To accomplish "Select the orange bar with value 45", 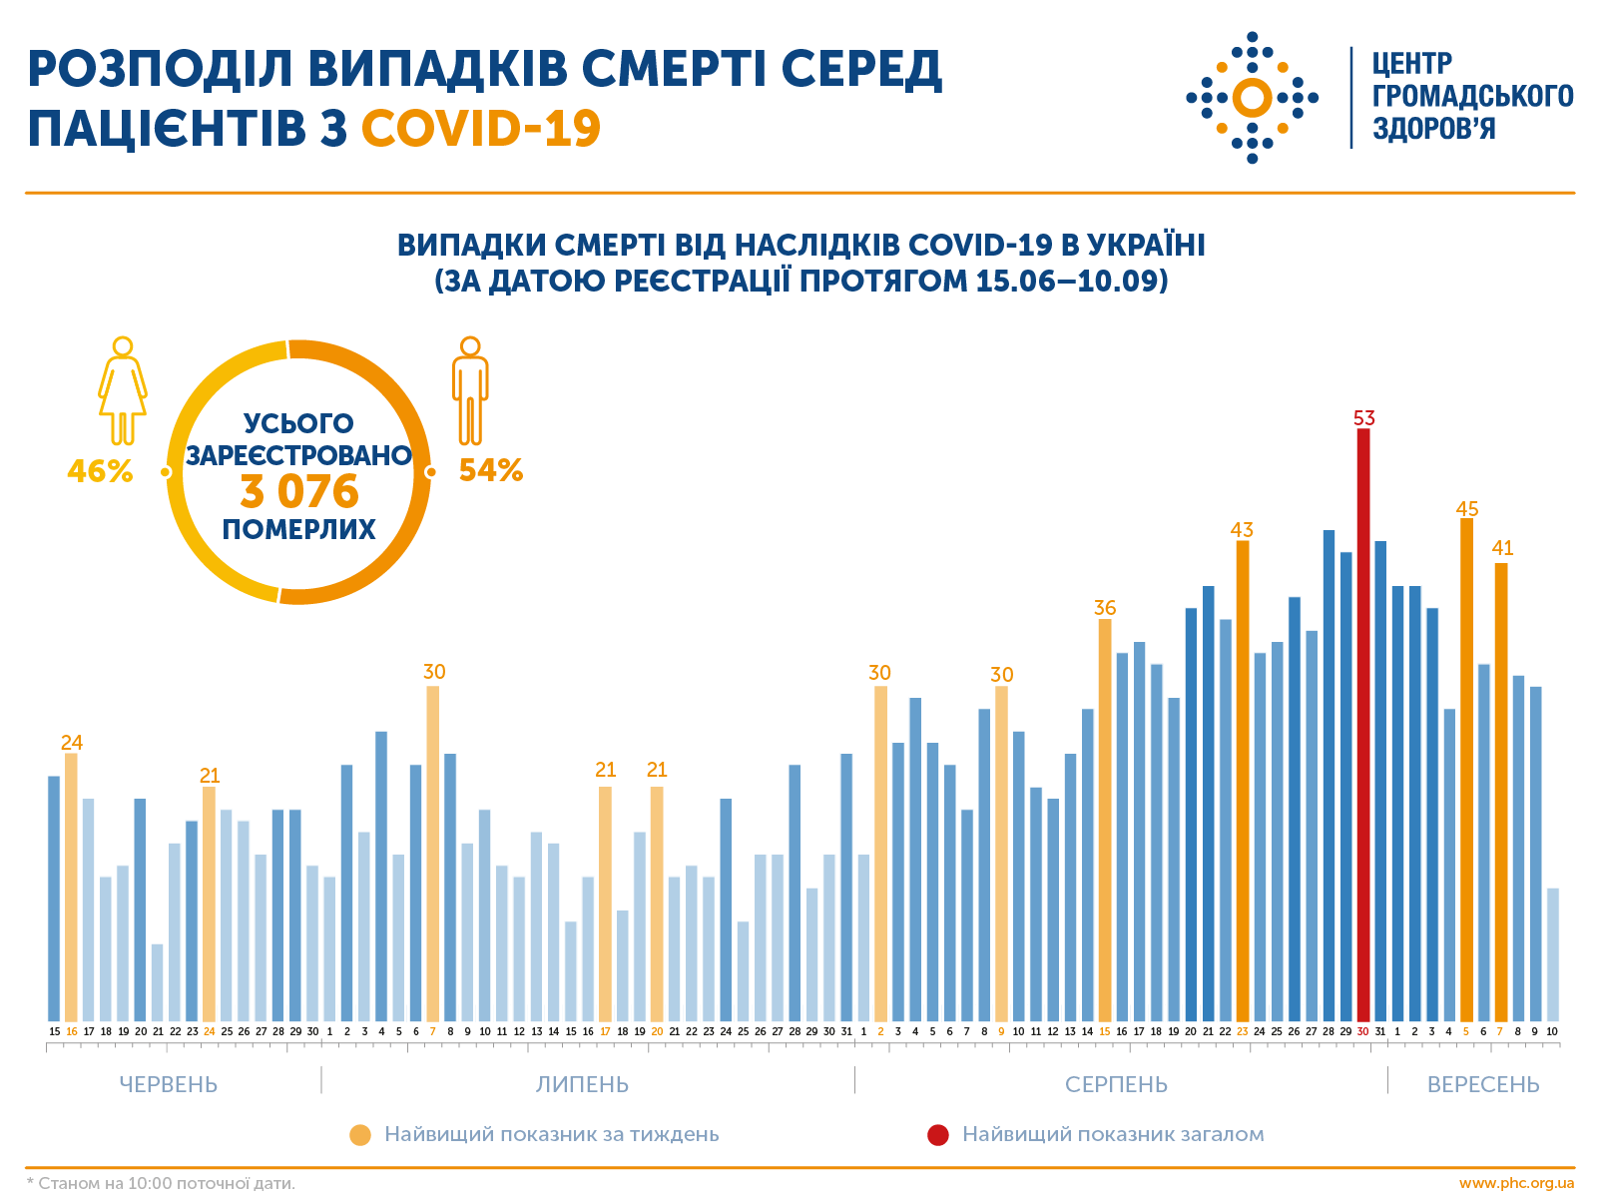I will [1466, 769].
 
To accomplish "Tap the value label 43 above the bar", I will [1242, 530].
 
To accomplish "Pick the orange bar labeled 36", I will [1105, 819].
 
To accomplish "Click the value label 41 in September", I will [1502, 548].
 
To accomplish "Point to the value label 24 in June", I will [71, 743].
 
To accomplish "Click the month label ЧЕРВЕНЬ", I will [168, 1084].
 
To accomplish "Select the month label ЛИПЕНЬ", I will [582, 1084].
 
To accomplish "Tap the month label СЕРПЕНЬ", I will [1116, 1084].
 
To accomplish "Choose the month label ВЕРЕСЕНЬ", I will [1483, 1084].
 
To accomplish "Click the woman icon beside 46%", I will [122, 390].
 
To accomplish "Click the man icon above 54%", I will [469, 390].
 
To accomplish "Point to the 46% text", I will [100, 471].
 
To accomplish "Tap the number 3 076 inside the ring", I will [298, 491].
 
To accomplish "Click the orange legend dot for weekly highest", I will [360, 1135].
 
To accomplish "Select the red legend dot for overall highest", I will [937, 1135].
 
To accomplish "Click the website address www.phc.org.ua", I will [1516, 1183].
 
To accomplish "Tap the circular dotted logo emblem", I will [1252, 98].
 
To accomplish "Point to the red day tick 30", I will [1362, 1031].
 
